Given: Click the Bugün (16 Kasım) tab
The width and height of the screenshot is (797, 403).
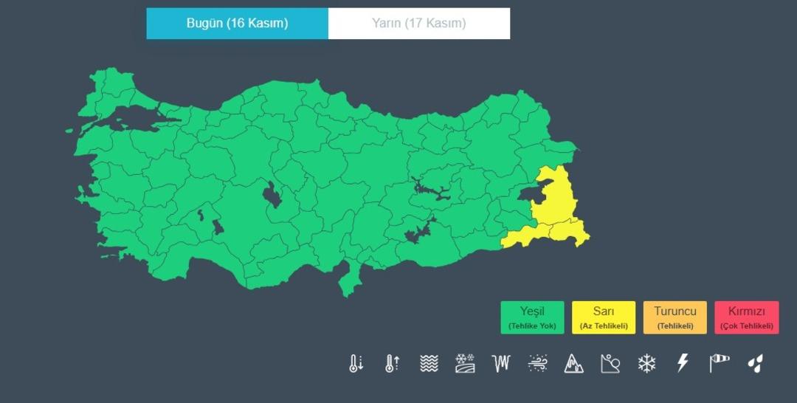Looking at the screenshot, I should [237, 23].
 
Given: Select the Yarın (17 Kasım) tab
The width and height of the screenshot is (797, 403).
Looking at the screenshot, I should [418, 23].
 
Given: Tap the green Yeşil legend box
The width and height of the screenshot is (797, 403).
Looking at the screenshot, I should [532, 317].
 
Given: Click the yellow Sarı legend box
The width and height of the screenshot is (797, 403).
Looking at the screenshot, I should [604, 317].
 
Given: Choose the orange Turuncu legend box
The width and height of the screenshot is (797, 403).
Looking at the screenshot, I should [674, 317].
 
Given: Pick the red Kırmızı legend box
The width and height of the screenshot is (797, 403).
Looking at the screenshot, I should [746, 317].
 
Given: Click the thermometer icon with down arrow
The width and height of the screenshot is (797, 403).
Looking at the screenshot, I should [356, 363].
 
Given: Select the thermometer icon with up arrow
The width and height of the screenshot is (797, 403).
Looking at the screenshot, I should [392, 363].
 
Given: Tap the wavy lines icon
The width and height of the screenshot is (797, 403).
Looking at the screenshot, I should [429, 363].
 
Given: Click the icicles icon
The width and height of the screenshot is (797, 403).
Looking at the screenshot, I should [502, 363].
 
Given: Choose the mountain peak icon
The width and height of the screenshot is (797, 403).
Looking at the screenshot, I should [573, 363].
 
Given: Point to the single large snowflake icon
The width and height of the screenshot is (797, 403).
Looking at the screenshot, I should [646, 363].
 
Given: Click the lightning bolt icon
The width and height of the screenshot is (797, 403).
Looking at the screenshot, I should [683, 363].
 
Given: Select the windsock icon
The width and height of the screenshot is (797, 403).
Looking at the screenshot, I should [719, 363].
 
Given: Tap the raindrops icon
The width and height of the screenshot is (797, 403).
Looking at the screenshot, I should [755, 363].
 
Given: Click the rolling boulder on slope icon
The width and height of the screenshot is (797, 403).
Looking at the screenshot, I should [610, 363].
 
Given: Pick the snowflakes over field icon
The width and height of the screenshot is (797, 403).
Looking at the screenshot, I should [465, 363].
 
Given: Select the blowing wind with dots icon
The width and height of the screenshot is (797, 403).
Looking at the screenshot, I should [538, 363].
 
